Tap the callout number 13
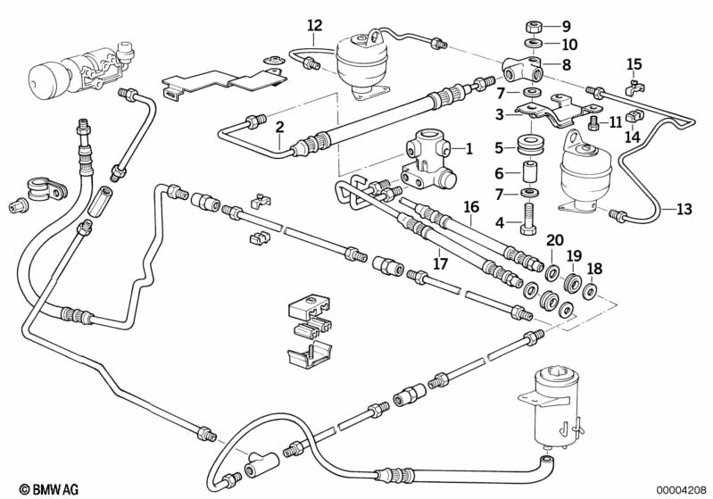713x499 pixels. (683, 210)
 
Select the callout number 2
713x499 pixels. (279, 127)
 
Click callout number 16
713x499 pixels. (471, 208)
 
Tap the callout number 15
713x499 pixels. (634, 62)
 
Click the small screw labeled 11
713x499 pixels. (593, 122)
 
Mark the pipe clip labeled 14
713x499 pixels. (633, 116)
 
